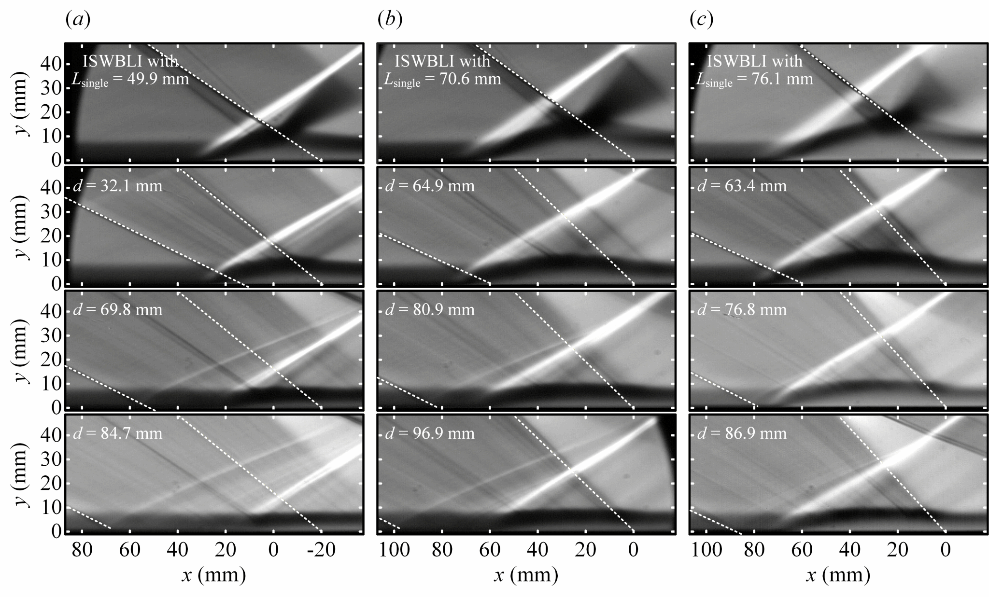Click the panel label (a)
coord(77,20)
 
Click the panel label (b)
coord(390,20)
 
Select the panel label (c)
coord(701,20)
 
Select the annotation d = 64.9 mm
coord(430,186)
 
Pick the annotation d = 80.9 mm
coord(430,309)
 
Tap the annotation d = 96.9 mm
coord(430,433)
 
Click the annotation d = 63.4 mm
coord(742,186)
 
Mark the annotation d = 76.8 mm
coord(742,309)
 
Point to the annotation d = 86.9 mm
coord(742,433)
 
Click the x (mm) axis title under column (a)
coord(214,575)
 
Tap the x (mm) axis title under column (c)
coord(838,575)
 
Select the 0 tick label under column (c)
coord(946,550)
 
